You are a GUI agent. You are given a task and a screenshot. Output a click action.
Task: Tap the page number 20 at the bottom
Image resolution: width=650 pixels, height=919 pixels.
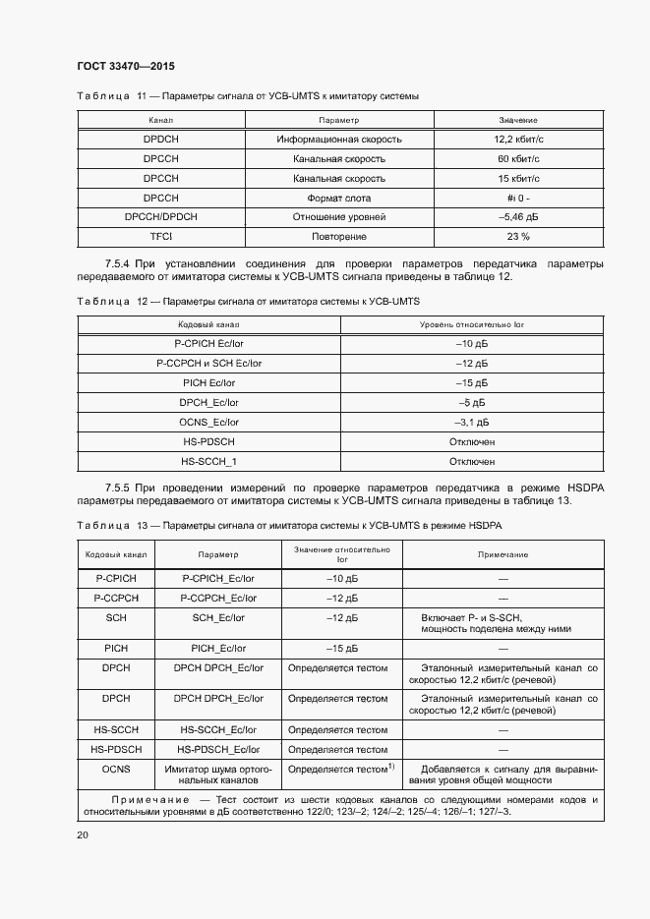83,834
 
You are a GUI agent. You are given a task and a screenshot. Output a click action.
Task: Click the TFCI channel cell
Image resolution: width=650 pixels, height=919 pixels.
160,237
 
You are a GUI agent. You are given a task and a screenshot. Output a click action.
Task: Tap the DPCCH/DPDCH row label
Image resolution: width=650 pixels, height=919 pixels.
160,217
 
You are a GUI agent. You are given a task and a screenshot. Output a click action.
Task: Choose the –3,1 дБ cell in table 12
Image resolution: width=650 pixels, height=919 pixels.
472,422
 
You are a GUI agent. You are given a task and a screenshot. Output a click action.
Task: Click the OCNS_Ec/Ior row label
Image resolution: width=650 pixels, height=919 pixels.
208,422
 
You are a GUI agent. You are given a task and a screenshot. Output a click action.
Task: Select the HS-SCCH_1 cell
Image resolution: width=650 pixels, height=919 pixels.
208,461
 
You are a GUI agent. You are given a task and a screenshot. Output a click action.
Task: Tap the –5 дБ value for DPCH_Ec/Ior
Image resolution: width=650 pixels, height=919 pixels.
472,402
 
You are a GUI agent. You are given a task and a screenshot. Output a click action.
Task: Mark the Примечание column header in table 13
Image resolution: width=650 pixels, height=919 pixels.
502,554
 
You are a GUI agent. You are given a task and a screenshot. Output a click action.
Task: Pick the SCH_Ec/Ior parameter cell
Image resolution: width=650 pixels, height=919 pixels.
218,617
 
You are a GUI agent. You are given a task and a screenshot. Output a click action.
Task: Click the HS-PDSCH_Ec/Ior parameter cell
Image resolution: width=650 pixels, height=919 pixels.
218,749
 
